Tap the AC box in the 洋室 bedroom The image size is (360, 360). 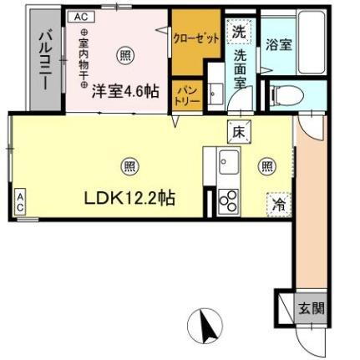[79, 16]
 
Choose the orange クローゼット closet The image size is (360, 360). [196, 40]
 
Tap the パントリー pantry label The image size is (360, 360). [185, 96]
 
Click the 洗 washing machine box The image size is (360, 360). [239, 33]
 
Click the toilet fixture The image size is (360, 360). [280, 94]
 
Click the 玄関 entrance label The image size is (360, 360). [311, 307]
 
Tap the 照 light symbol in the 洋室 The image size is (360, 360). [124, 56]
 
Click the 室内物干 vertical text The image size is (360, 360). [83, 58]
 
